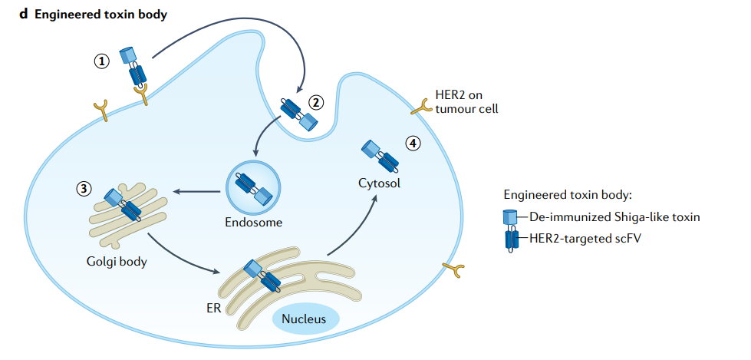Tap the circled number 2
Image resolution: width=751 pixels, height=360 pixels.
point(316,101)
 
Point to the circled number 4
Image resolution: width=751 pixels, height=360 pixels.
point(413,144)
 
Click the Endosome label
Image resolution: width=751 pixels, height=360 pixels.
point(254,223)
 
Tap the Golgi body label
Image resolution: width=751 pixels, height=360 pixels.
point(117,261)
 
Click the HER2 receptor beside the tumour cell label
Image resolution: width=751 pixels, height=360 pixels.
point(420,107)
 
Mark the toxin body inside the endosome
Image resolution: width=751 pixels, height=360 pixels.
point(254,190)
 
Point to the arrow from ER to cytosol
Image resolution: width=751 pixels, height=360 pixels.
point(353,226)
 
